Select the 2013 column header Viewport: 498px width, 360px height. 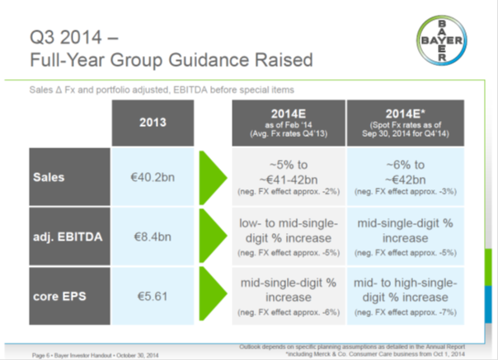point(153,122)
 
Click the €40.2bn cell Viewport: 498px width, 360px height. point(153,175)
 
